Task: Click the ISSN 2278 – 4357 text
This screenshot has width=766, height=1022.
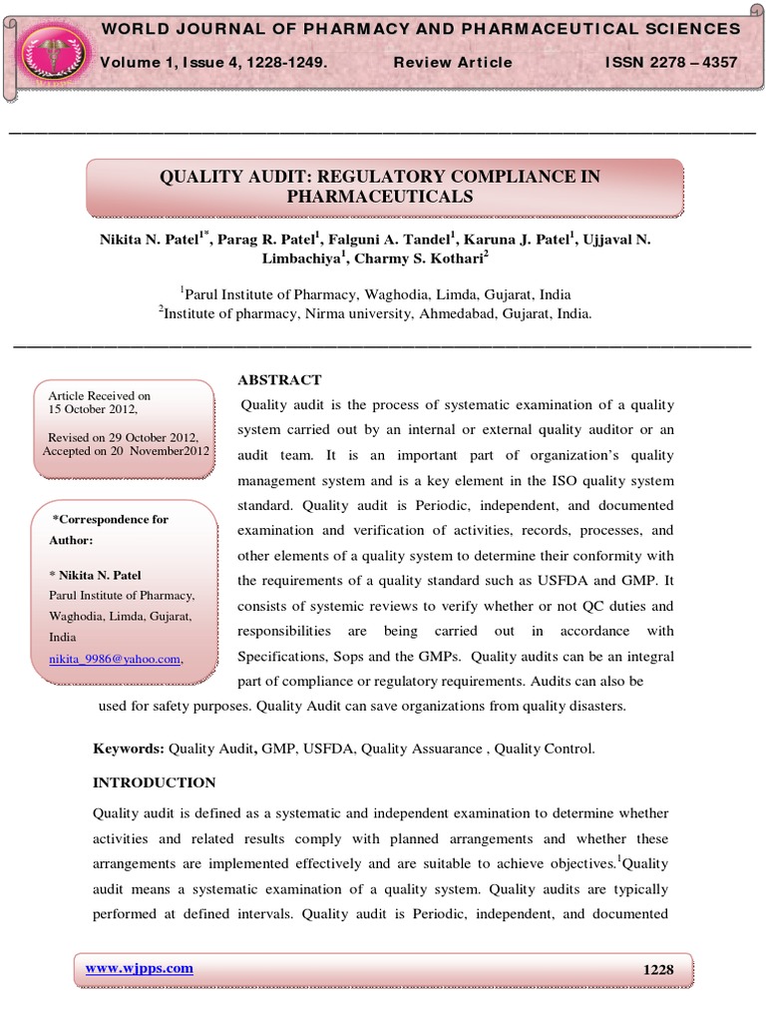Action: coord(671,62)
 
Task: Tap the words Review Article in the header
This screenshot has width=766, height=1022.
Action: coord(453,62)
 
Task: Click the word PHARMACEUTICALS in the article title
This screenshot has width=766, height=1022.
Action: coord(380,197)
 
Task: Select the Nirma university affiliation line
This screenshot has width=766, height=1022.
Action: coord(375,311)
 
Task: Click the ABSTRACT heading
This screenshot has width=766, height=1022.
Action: coord(279,379)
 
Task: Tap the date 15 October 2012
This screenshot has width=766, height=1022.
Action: coord(94,409)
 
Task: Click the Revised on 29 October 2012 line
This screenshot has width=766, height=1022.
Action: coord(124,438)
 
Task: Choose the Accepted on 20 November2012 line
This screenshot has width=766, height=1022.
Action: coord(127,451)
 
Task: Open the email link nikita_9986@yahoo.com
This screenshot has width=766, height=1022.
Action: coord(116,659)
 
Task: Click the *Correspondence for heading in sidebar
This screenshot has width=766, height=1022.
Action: coord(111,519)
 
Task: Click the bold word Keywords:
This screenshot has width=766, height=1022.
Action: coord(128,748)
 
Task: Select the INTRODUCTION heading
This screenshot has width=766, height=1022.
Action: coord(154,782)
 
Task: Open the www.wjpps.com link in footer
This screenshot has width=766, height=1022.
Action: coord(139,967)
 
